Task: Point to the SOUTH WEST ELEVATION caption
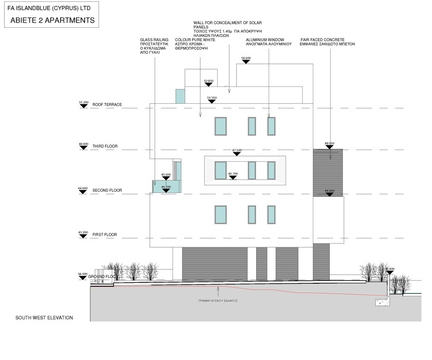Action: click(x=44, y=318)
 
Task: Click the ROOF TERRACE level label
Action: click(x=107, y=105)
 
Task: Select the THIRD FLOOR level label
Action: click(x=105, y=146)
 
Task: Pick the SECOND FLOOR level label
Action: click(x=107, y=191)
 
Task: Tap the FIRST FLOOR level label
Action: click(x=105, y=235)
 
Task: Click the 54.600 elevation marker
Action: click(x=246, y=59)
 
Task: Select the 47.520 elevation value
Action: click(x=236, y=150)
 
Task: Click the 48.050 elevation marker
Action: click(x=329, y=144)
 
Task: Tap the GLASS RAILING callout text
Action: click(x=154, y=46)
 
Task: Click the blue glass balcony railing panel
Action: click(x=167, y=186)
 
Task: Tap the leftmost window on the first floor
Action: click(x=221, y=215)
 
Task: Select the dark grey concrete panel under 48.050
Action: click(x=328, y=173)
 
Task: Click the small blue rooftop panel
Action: click(x=180, y=96)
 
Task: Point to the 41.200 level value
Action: click(x=83, y=232)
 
